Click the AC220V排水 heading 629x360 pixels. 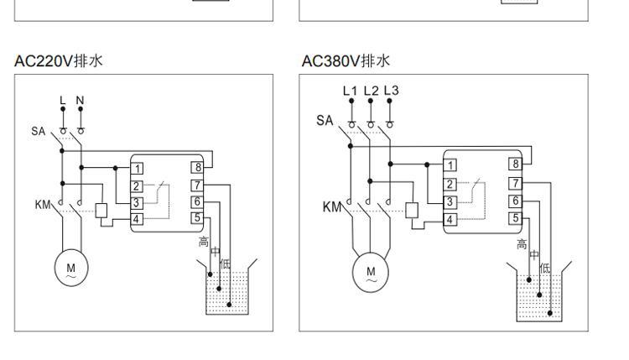59,61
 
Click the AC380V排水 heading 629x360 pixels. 346,61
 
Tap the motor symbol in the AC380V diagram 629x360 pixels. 371,274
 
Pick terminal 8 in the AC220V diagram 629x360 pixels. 198,168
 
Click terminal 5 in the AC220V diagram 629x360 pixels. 198,218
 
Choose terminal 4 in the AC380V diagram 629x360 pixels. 450,219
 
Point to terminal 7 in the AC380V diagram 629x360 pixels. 516,183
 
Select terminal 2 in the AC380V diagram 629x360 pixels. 450,184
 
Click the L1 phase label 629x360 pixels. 351,91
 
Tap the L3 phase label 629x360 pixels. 391,91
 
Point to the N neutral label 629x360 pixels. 81,101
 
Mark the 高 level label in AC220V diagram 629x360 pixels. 203,242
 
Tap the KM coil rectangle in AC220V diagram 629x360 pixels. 102,211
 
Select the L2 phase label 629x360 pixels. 371,91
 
